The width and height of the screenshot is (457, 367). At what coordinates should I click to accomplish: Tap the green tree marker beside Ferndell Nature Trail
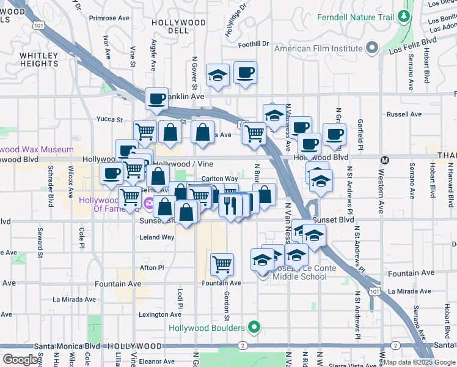(x=403, y=15)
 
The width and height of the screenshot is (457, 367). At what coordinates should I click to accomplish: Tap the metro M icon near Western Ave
(x=385, y=161)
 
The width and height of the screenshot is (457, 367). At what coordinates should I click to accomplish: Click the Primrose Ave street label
(x=109, y=18)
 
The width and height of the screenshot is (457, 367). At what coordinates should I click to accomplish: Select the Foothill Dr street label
(x=254, y=44)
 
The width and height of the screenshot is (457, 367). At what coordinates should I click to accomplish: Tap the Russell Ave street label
(x=404, y=114)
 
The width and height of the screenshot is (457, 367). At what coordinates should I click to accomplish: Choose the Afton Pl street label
(x=152, y=267)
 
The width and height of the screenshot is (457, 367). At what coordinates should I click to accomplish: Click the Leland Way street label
(x=157, y=237)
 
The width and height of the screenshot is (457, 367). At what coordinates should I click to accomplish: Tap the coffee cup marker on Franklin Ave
(x=156, y=98)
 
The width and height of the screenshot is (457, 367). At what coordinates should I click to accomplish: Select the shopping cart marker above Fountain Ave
(x=222, y=264)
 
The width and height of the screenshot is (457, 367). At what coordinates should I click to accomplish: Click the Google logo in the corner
(x=21, y=359)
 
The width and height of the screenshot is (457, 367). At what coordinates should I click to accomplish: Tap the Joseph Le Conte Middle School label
(x=300, y=272)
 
